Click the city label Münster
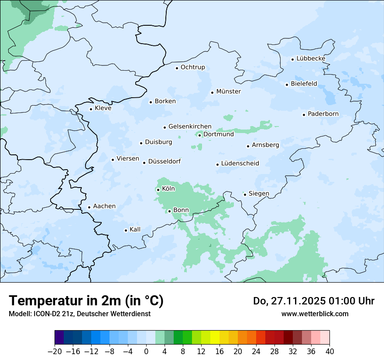[x=228, y=92]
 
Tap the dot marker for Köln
[x=158, y=190]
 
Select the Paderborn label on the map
[x=323, y=114]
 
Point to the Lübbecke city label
[x=311, y=58]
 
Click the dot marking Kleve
[x=91, y=109]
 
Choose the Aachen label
[x=104, y=206]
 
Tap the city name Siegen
[x=259, y=194]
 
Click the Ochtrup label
[x=192, y=67]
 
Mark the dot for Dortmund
[x=199, y=135]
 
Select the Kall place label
[x=135, y=229]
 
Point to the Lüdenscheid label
[x=240, y=164]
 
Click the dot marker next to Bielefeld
[x=287, y=85]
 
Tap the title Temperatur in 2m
[x=86, y=301]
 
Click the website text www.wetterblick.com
[x=315, y=314]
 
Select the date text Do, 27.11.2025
[x=291, y=301]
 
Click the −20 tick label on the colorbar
[x=55, y=352]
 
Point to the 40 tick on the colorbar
[x=329, y=352]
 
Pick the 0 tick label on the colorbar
[x=146, y=352]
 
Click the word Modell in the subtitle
[x=19, y=314]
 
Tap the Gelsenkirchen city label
[x=190, y=126]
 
